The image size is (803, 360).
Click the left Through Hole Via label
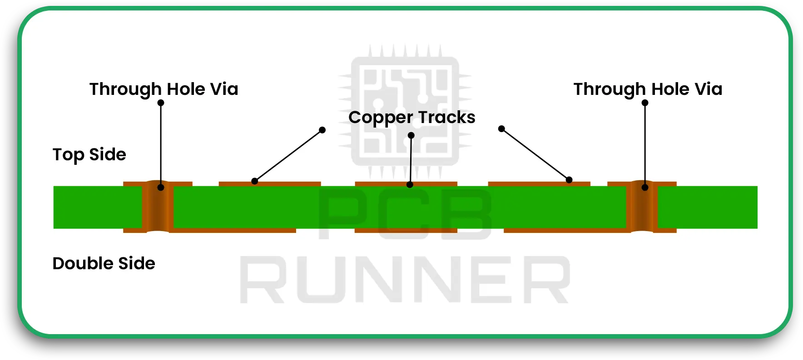164,89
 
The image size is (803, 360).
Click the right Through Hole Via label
648,89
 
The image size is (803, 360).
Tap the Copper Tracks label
411,117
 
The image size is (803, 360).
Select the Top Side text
89,154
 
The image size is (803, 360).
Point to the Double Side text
104,263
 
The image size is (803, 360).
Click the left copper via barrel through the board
158,207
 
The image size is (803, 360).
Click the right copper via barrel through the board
642,207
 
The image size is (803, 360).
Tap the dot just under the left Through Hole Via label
161,103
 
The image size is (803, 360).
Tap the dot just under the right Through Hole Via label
645,103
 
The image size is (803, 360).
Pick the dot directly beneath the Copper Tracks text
411,135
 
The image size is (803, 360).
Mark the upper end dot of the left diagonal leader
322,130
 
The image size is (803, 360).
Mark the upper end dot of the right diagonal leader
501,129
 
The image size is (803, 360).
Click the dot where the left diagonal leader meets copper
255,181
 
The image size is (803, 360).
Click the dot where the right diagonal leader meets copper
569,180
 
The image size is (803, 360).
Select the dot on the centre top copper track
410,185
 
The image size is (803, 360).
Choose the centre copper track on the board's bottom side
406,230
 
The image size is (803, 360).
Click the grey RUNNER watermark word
404,280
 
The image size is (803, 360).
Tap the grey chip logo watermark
405,111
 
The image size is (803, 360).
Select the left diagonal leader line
288,156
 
